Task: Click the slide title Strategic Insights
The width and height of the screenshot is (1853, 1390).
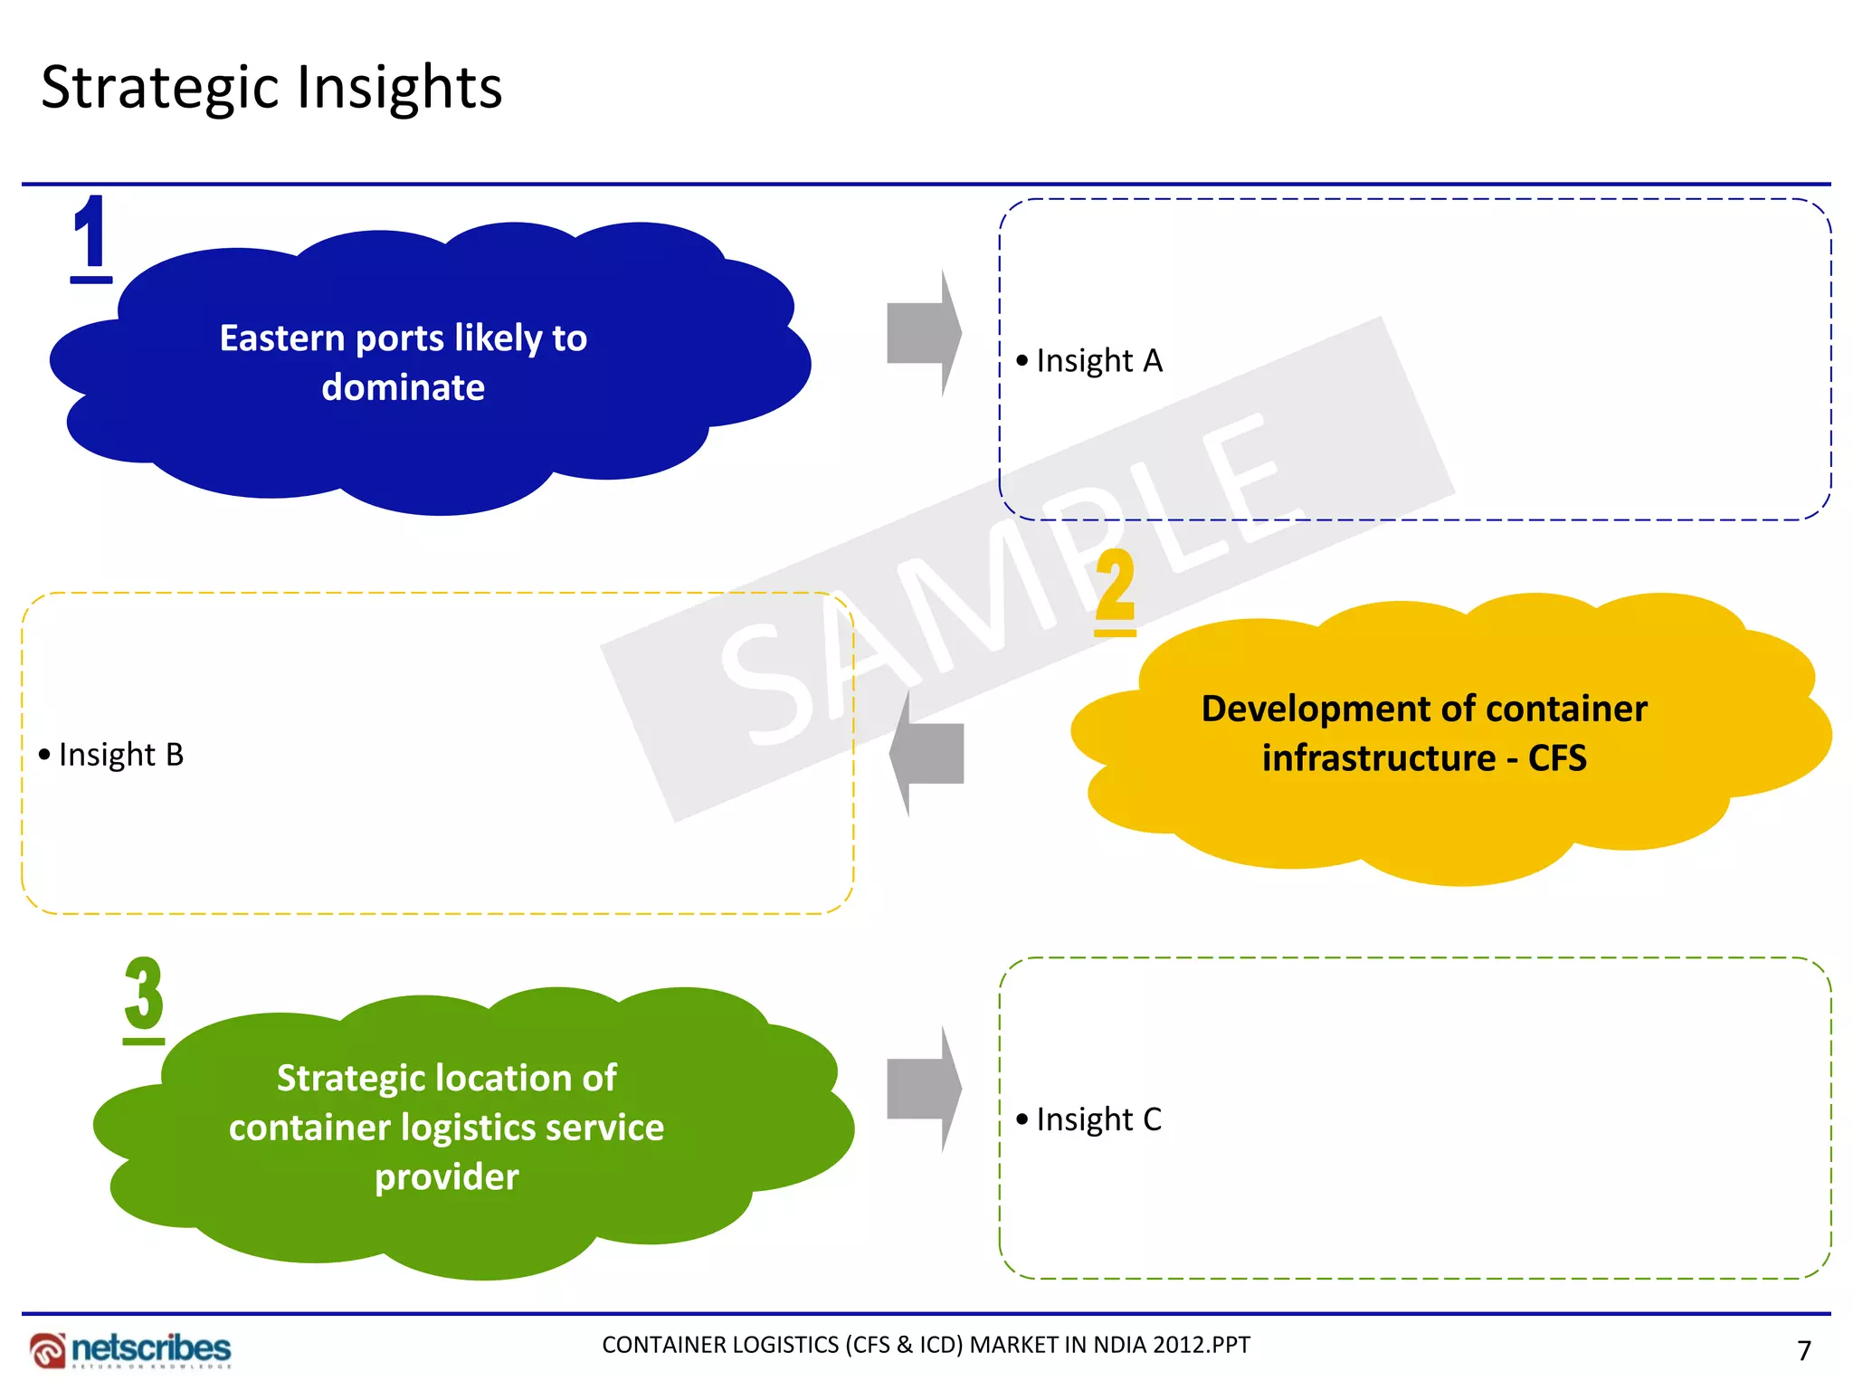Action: tap(271, 88)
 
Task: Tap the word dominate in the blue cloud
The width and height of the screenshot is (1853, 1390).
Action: tap(404, 387)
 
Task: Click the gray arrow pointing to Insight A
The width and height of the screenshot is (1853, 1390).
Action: tap(923, 333)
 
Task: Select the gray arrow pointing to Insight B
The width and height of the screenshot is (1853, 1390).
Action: tap(926, 753)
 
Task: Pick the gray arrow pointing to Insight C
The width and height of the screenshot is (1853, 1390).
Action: tap(923, 1090)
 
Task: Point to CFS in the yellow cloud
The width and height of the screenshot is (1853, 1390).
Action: tap(1557, 758)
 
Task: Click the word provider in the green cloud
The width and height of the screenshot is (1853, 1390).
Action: tap(447, 1177)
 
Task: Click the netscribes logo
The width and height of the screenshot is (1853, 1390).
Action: tap(130, 1349)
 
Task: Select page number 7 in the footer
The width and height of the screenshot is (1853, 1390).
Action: tap(1804, 1351)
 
